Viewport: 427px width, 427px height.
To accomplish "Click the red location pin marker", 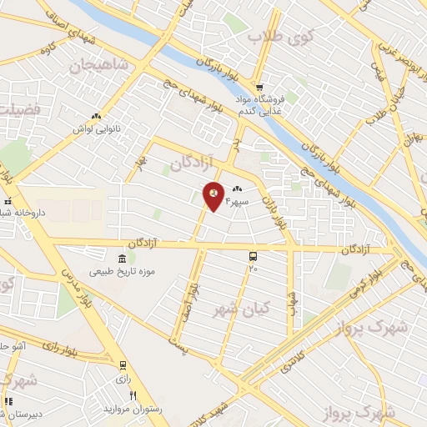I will [213, 196].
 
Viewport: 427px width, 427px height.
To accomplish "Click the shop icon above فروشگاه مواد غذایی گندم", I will [259, 87].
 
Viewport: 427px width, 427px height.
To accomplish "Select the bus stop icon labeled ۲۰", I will [254, 257].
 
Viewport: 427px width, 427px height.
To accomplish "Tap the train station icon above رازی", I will [123, 365].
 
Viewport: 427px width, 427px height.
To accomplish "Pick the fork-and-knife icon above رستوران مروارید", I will [132, 395].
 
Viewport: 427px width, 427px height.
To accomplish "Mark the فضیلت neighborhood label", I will [15, 108].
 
